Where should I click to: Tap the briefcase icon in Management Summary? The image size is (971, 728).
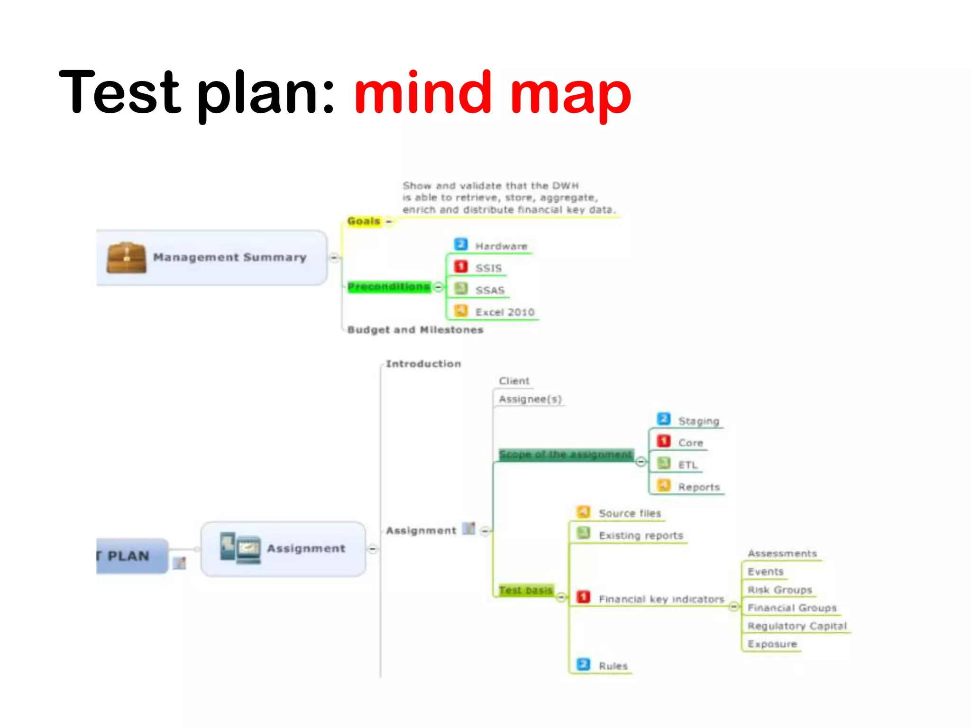[126, 258]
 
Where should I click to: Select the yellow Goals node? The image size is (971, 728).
[364, 221]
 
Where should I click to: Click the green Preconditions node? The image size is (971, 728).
[389, 287]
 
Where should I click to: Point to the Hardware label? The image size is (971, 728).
[501, 246]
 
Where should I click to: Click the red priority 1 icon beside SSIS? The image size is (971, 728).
[461, 267]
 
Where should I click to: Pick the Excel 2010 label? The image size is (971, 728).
[505, 312]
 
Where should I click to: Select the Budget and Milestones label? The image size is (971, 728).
[415, 330]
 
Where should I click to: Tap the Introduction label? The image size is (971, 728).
[423, 364]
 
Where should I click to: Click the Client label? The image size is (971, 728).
[514, 381]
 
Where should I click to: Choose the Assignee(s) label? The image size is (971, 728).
[530, 399]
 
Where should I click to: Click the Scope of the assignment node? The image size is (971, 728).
[566, 455]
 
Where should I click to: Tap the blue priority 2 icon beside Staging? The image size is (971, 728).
[664, 419]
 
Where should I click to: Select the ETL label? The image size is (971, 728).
[687, 465]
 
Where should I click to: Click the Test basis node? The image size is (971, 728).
[526, 590]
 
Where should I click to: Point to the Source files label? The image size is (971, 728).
[630, 513]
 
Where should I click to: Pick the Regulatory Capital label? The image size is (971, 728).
[797, 626]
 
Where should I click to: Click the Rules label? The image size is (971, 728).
[613, 666]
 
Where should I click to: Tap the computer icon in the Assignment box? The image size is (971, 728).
[240, 548]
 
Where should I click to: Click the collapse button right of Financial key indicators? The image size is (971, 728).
[733, 607]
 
